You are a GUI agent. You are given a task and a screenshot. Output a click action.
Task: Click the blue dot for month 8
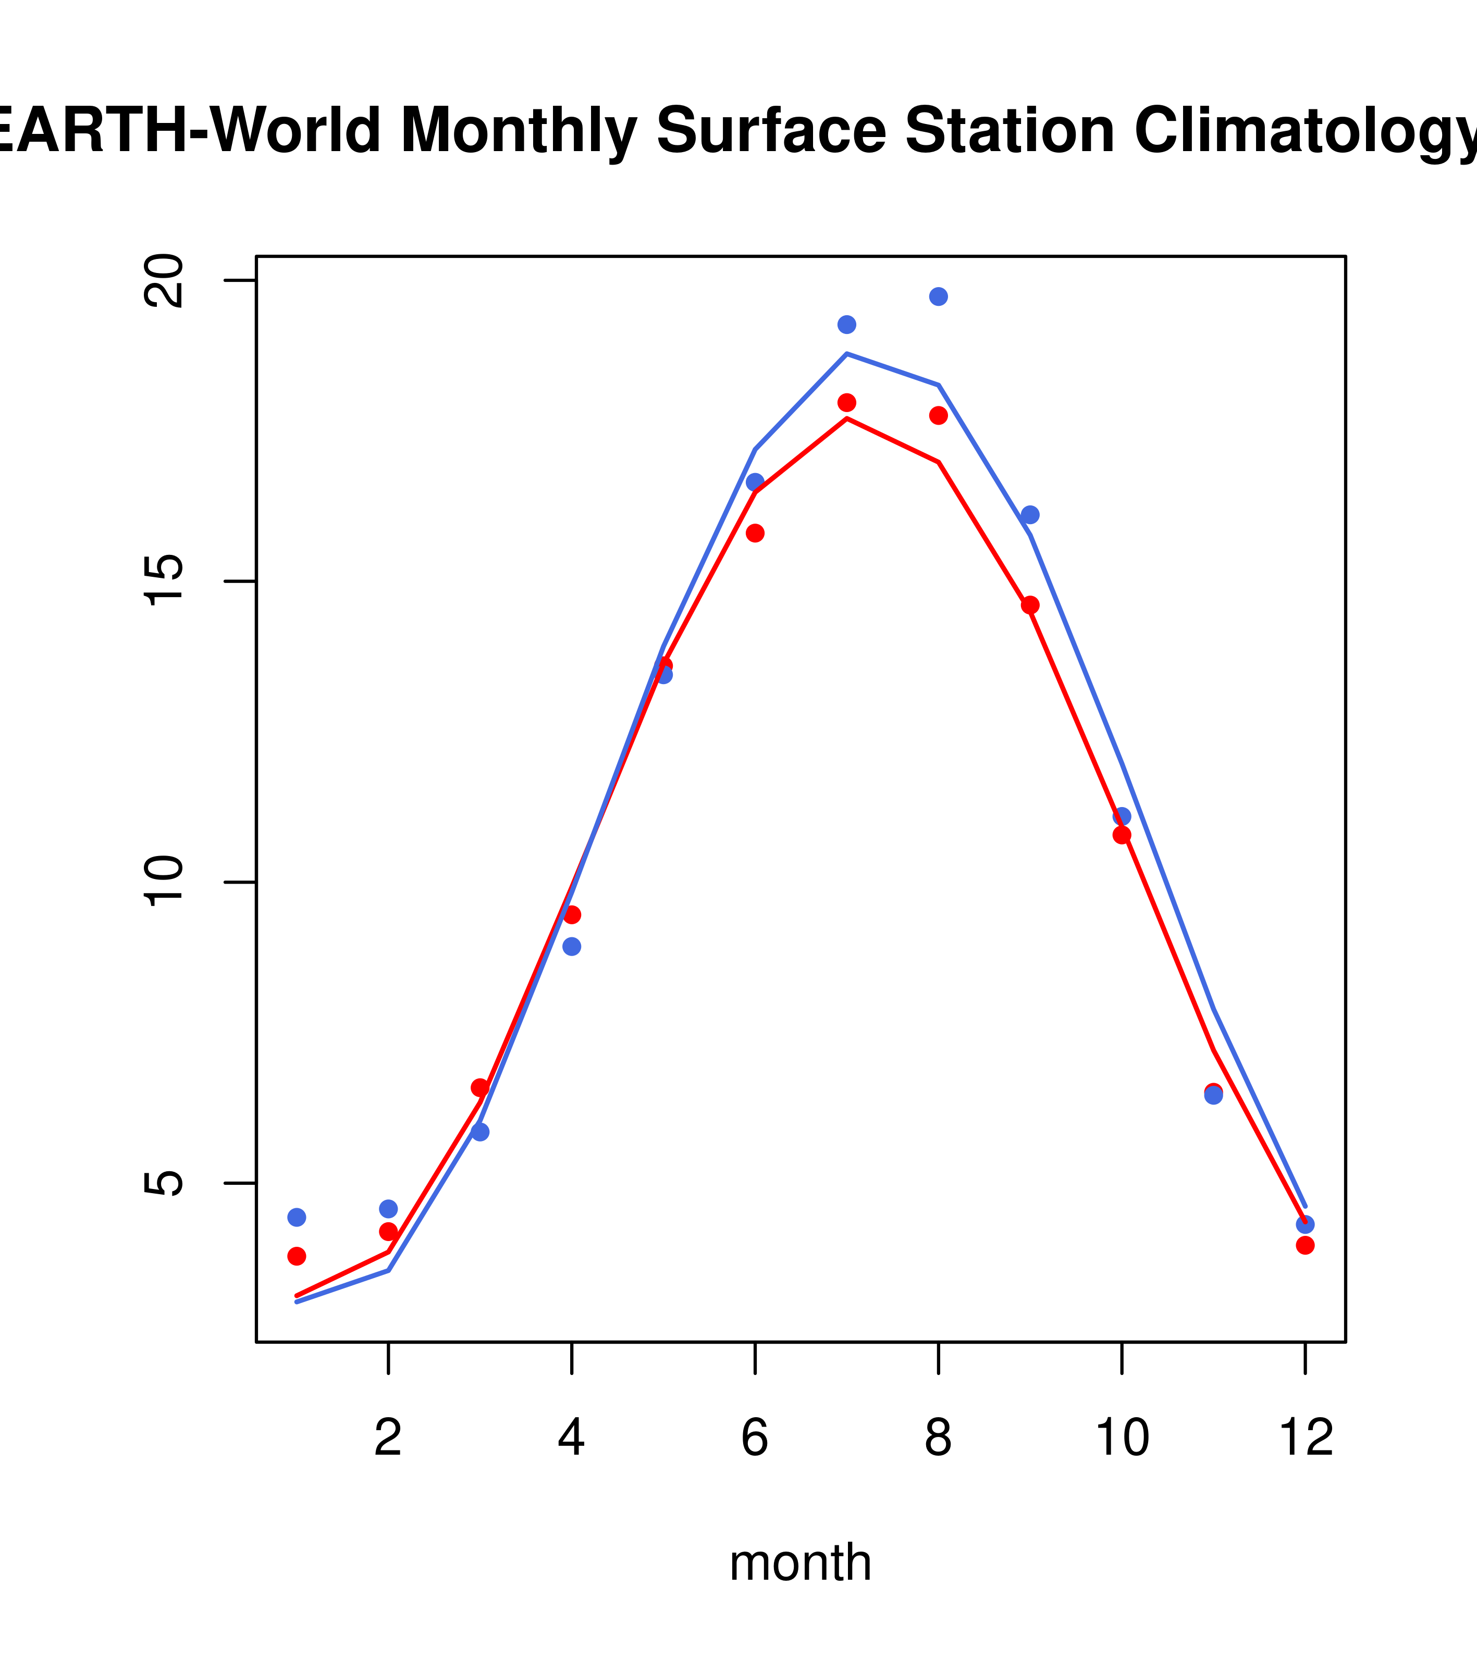938,296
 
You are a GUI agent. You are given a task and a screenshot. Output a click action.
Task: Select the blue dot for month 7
846,324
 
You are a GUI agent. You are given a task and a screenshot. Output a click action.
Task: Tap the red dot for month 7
846,402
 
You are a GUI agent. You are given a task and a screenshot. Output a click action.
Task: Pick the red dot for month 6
755,533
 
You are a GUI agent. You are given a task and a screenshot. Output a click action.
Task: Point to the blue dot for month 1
297,1217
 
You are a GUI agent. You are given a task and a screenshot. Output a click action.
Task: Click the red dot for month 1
297,1256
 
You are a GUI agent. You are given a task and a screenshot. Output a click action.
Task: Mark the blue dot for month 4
571,947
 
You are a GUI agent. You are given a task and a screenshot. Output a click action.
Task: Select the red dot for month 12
1304,1245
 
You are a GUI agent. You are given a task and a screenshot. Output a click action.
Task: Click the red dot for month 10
1122,835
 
